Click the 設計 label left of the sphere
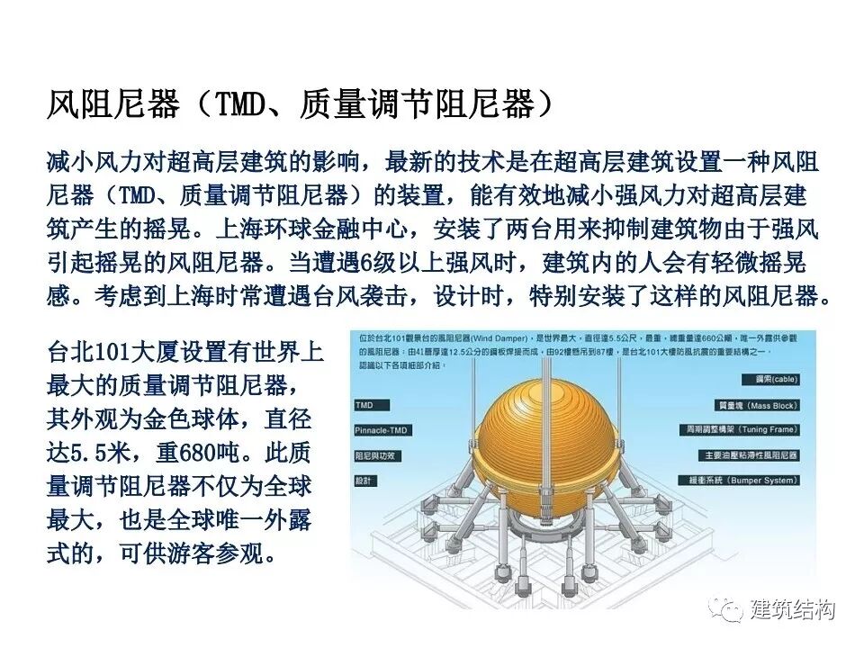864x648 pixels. click(x=365, y=481)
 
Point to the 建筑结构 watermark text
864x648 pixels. click(x=792, y=609)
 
